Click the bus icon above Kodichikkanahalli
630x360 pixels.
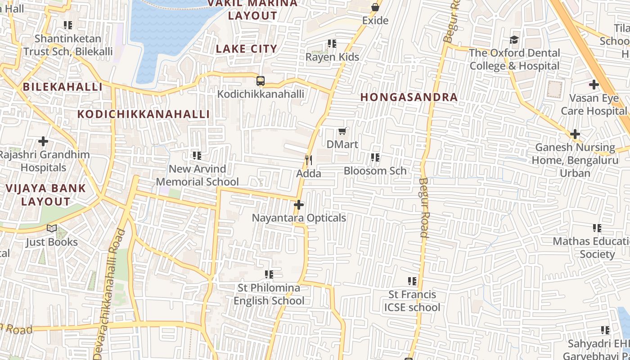260,81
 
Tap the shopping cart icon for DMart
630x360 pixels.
342,131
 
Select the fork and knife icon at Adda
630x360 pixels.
309,160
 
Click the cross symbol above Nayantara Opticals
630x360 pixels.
298,205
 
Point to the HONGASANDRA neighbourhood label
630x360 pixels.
409,97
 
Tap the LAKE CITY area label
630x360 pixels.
247,49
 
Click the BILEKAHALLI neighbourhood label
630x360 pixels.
63,87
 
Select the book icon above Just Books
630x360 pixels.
52,229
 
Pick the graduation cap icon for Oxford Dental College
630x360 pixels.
514,40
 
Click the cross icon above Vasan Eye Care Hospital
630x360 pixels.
594,85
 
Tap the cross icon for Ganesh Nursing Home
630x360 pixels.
575,134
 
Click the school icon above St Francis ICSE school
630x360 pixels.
412,281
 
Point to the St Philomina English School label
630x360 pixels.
269,294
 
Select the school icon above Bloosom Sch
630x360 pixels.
375,157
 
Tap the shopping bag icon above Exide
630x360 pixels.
375,7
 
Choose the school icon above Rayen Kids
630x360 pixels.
332,44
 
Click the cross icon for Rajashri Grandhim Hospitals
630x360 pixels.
43,141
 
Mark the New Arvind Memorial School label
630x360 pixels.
197,175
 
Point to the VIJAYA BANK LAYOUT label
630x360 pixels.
45,195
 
